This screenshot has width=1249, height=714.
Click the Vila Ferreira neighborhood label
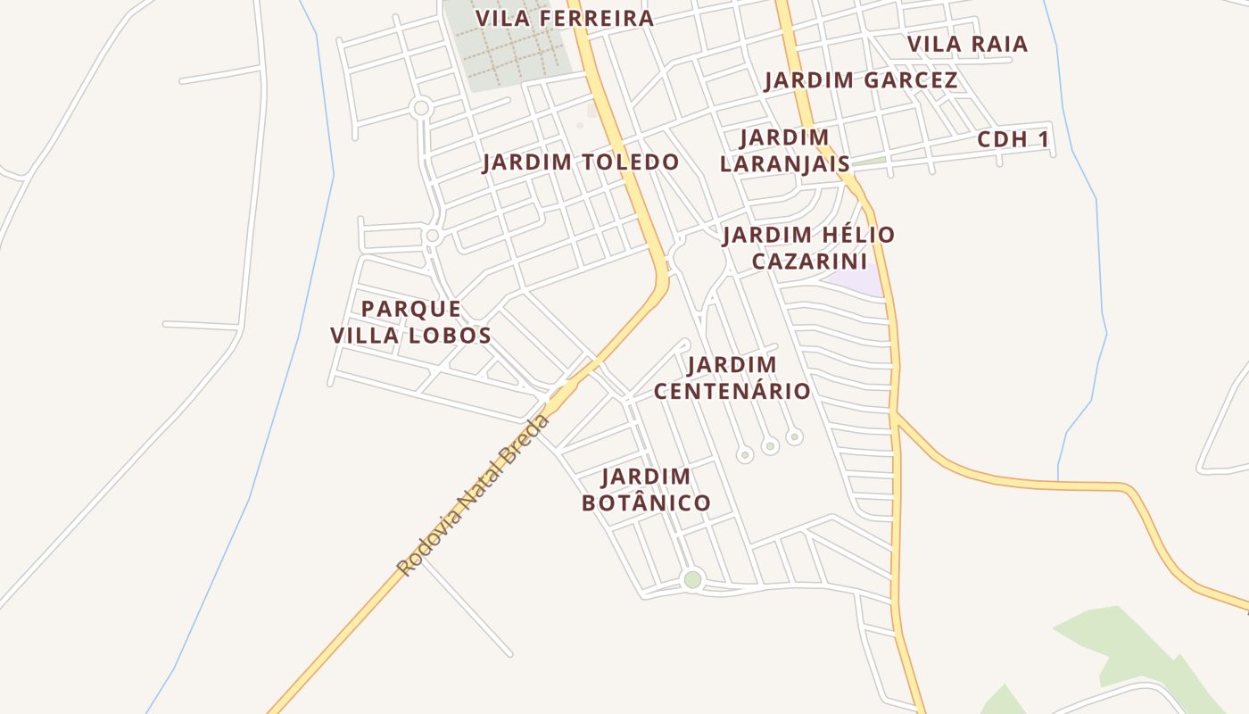tap(564, 18)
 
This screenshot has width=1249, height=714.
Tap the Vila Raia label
tap(967, 44)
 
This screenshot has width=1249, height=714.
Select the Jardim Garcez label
tap(861, 80)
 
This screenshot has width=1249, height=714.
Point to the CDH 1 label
tap(1013, 139)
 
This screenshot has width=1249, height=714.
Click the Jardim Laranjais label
tap(784, 151)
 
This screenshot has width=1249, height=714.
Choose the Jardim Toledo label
tap(581, 162)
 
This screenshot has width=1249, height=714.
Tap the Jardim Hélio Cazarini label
tap(808, 247)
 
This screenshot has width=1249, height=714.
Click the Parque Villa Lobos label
tap(411, 322)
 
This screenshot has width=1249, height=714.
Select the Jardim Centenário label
tap(732, 378)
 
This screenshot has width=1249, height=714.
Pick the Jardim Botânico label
tap(646, 490)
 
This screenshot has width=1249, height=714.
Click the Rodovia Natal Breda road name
tap(473, 494)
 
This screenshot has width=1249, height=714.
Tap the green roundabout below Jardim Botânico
tap(692, 580)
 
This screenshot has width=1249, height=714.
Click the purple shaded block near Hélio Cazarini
tap(856, 282)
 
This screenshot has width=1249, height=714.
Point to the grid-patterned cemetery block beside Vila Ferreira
tap(509, 45)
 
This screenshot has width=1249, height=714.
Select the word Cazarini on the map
tap(808, 262)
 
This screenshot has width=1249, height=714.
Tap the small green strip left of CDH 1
tap(869, 162)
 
